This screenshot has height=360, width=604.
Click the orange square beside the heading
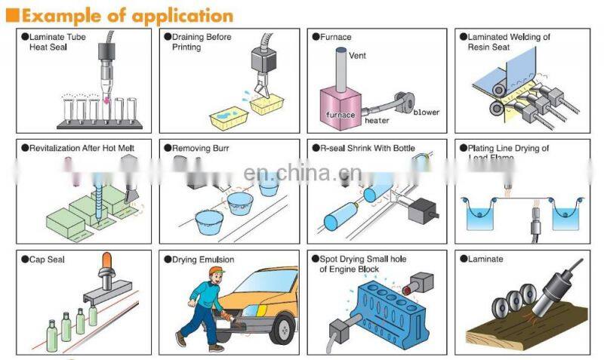point(12,15)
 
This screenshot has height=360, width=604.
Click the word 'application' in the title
point(183,16)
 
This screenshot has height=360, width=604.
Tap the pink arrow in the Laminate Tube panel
point(106,101)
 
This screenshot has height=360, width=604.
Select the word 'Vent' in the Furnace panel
point(357,55)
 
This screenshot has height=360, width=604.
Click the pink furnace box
point(341,108)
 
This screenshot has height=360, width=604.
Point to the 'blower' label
point(427,112)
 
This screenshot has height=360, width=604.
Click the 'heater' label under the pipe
point(377,121)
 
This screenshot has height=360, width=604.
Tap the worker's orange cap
point(217,270)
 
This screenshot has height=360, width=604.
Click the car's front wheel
point(283,329)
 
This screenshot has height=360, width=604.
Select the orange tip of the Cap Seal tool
point(106,260)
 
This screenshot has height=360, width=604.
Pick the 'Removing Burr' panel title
point(200,148)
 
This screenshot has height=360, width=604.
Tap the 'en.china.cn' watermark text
point(303,173)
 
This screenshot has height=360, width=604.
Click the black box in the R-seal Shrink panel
point(422,211)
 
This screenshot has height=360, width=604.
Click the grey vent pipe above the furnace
point(341,70)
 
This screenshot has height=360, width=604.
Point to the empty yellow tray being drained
point(267,105)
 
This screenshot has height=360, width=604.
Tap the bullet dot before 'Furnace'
point(316,37)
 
